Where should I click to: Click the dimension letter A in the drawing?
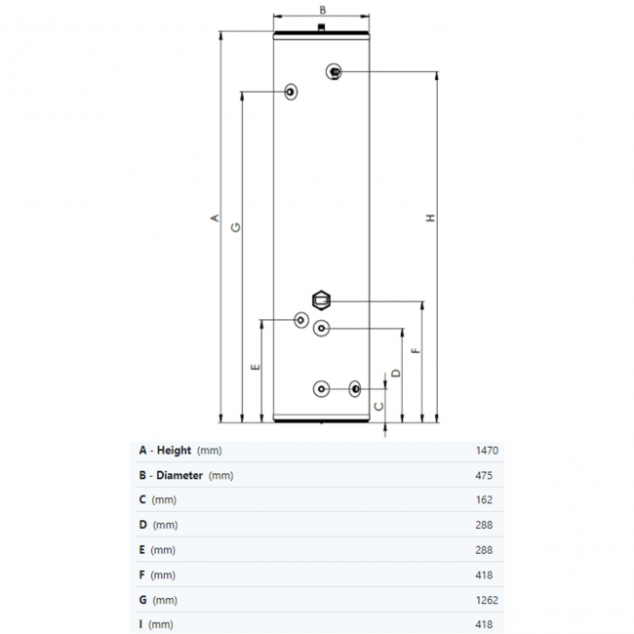[215, 218]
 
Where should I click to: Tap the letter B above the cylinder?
[323, 9]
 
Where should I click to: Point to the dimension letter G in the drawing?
[235, 227]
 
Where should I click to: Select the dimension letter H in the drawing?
[429, 218]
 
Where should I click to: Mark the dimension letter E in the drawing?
[256, 367]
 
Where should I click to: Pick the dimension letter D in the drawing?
[395, 373]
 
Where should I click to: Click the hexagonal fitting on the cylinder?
[322, 299]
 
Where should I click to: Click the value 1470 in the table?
[487, 451]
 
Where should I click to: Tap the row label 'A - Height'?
[166, 451]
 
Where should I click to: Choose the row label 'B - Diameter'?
[172, 476]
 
